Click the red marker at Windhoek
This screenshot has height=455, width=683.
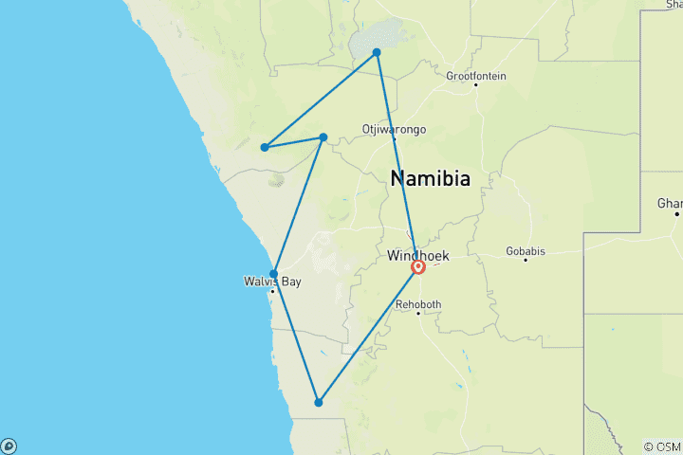(417, 267)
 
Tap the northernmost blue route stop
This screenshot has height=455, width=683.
(377, 52)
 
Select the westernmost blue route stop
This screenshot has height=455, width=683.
(265, 147)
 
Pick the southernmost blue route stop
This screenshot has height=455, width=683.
(319, 403)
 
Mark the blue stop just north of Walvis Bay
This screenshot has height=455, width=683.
(274, 274)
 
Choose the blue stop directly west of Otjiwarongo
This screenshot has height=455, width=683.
(323, 137)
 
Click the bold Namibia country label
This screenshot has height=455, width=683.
(430, 178)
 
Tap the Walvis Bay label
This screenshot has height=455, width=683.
(273, 282)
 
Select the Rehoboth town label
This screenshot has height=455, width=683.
(417, 304)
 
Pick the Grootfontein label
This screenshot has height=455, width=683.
(476, 76)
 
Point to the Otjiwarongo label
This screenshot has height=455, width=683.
(394, 129)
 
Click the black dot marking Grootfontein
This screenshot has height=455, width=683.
(476, 85)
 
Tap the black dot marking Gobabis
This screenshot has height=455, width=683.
(526, 260)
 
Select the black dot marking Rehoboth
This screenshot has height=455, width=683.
(417, 313)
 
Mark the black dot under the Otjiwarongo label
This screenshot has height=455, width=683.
(395, 138)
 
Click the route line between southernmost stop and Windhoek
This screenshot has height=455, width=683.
(368, 336)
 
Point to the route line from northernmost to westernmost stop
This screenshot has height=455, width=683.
(321, 100)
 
